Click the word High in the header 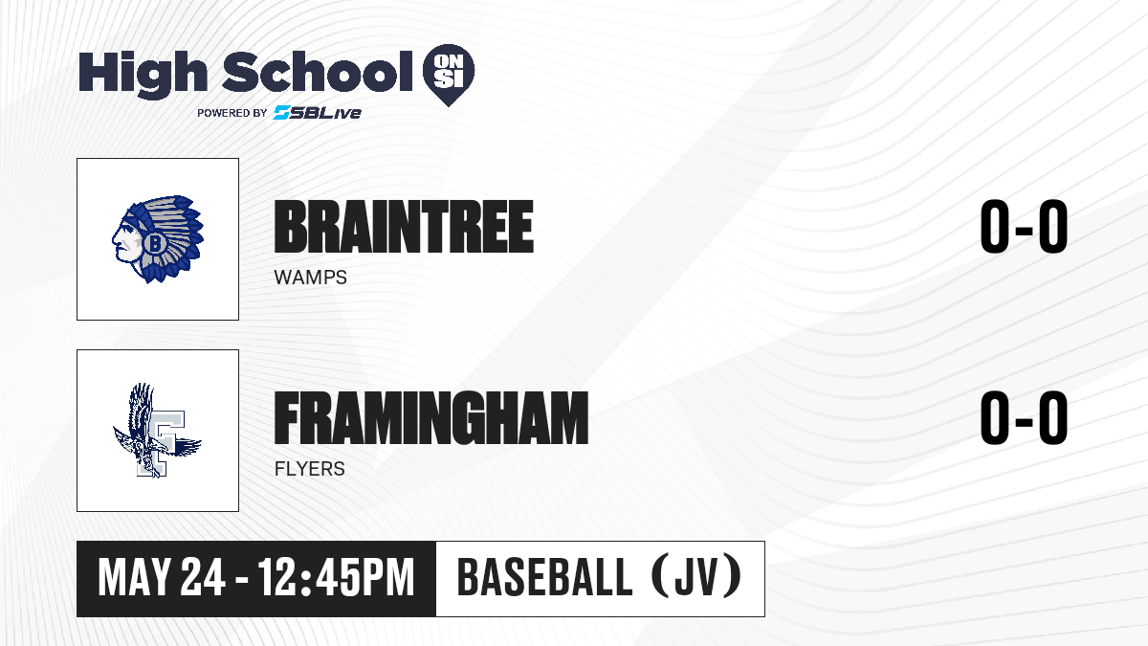point(143,74)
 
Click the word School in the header point(318,72)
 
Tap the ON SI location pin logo point(449,75)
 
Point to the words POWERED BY point(232,113)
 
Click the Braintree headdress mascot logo point(158,239)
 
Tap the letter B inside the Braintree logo point(154,243)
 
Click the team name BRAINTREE point(404,227)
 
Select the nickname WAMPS point(311,278)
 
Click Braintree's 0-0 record point(1024,227)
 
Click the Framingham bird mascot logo point(157,431)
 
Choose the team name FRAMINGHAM point(431,418)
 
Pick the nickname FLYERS point(310,469)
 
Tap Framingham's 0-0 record point(1024,418)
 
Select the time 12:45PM point(336,578)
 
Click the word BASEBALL point(544,577)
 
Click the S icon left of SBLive point(282,113)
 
